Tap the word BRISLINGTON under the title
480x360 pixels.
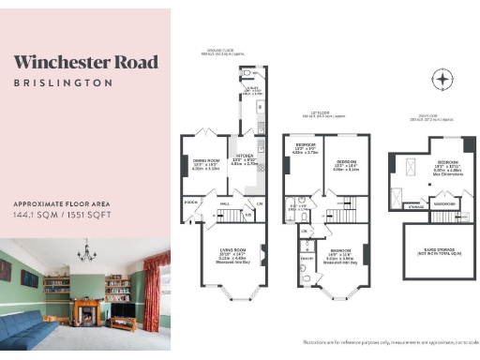(63, 82)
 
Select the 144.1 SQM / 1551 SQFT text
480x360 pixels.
(63, 215)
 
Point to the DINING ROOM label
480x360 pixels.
(205, 162)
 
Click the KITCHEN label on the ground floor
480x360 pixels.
(246, 158)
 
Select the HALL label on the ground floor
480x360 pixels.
(225, 202)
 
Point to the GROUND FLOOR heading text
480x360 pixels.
(230, 51)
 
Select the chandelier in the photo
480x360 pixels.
(88, 252)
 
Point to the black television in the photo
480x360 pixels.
(122, 310)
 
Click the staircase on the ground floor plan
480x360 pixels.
(232, 217)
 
